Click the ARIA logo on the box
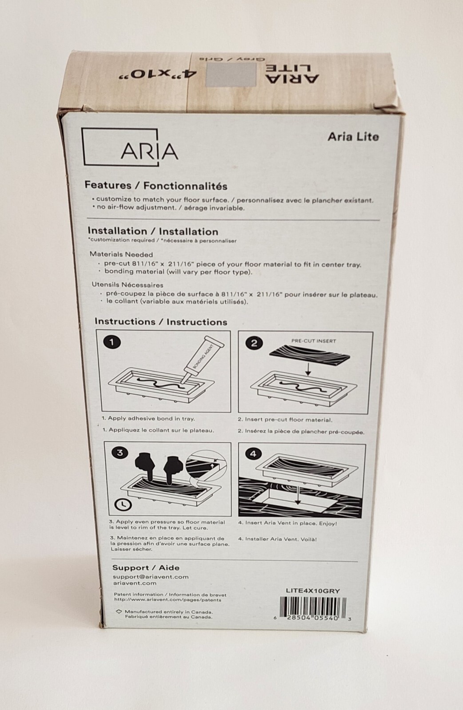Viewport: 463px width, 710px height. [130, 148]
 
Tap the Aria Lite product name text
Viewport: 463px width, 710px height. [353, 137]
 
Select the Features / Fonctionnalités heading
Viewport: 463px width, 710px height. [156, 186]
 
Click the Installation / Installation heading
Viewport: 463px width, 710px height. [152, 231]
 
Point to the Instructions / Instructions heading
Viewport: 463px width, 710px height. [160, 322]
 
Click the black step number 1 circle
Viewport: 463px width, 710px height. [112, 342]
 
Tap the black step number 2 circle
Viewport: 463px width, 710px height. [254, 343]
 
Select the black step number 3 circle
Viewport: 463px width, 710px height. [120, 453]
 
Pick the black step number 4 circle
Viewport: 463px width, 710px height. [253, 454]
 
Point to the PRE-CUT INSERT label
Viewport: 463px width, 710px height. [313, 341]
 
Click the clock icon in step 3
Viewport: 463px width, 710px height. [122, 504]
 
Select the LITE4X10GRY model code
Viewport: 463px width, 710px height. [313, 591]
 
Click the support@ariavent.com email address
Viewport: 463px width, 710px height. [150, 577]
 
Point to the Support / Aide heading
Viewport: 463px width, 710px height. [146, 567]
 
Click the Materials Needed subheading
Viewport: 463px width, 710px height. [121, 254]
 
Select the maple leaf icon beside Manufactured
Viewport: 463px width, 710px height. [119, 611]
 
